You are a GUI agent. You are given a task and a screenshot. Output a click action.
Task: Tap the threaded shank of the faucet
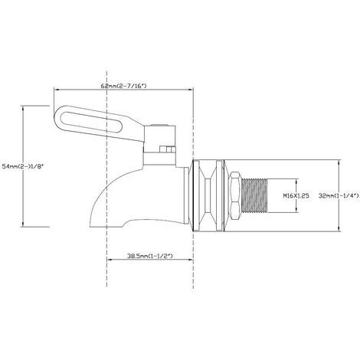[x=256, y=195]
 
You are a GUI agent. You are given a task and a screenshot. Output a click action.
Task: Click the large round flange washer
[x=208, y=195]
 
